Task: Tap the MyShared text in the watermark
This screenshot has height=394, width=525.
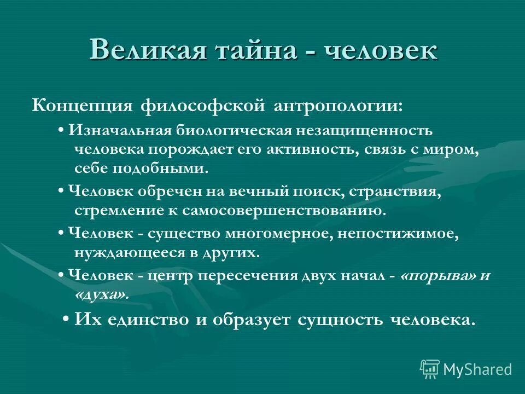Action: (x=477, y=369)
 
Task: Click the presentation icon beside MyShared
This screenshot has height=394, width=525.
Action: (x=429, y=368)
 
